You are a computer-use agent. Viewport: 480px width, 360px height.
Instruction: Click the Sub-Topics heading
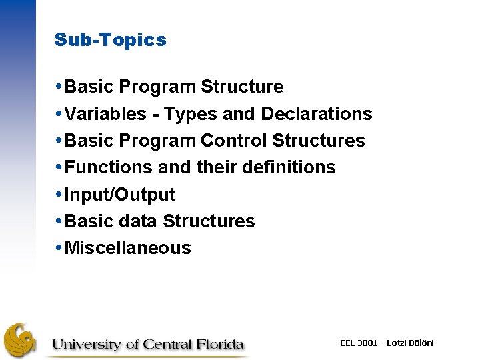pyautogui.click(x=110, y=40)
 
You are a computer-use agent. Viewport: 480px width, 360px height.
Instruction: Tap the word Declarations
pyautogui.click(x=317, y=114)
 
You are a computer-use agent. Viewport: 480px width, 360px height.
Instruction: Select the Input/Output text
pyautogui.click(x=120, y=195)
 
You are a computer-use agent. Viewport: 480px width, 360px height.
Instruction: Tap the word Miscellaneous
pyautogui.click(x=128, y=248)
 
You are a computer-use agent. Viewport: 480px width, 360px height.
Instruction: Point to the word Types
pyautogui.click(x=191, y=114)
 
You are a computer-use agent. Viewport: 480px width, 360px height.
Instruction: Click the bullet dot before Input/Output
pyautogui.click(x=59, y=195)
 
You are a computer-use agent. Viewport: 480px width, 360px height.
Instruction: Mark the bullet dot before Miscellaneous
pyautogui.click(x=59, y=248)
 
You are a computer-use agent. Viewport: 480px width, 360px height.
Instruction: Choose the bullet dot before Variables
pyautogui.click(x=59, y=114)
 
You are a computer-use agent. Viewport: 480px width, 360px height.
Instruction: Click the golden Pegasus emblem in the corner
pyautogui.click(x=20, y=340)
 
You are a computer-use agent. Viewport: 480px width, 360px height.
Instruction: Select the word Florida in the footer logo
pyautogui.click(x=221, y=344)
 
